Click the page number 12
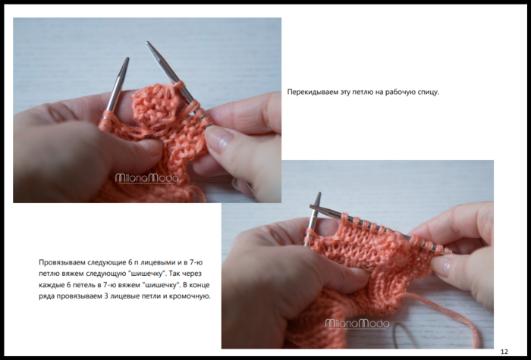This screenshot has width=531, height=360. [504, 352]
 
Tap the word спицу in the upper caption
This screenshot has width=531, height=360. [429, 92]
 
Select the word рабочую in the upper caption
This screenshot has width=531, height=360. [401, 92]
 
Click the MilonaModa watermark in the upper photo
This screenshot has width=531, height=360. [147, 178]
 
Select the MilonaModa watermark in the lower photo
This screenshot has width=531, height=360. [357, 324]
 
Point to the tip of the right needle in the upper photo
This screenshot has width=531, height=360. [148, 43]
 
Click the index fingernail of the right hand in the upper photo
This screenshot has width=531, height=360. [218, 139]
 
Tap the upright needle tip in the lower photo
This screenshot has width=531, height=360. [319, 194]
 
